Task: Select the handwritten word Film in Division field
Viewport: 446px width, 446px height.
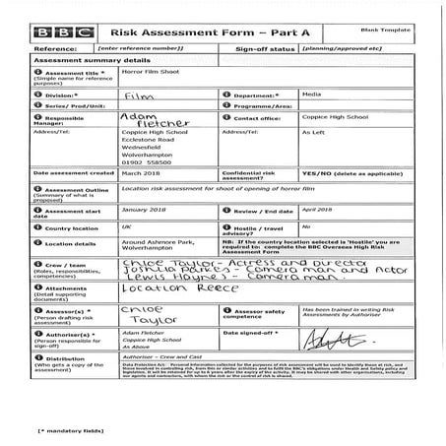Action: pos(141,96)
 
